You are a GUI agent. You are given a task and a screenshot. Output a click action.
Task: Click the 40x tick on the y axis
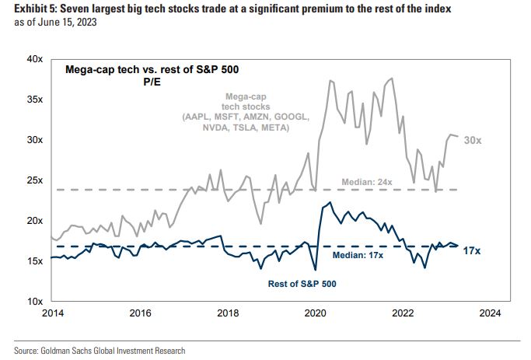point(33,59)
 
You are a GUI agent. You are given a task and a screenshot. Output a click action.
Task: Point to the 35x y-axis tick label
point(33,100)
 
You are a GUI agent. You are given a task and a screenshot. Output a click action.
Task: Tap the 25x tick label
point(33,180)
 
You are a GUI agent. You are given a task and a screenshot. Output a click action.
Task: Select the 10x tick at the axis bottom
point(33,301)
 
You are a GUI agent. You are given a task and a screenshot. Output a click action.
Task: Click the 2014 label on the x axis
point(51,314)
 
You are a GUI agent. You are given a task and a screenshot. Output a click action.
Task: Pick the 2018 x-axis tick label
point(227,314)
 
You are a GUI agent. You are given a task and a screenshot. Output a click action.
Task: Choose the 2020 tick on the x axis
point(315,314)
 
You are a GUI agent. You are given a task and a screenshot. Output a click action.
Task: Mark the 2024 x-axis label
point(491,314)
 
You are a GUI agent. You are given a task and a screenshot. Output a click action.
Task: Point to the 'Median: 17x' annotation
point(358,255)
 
